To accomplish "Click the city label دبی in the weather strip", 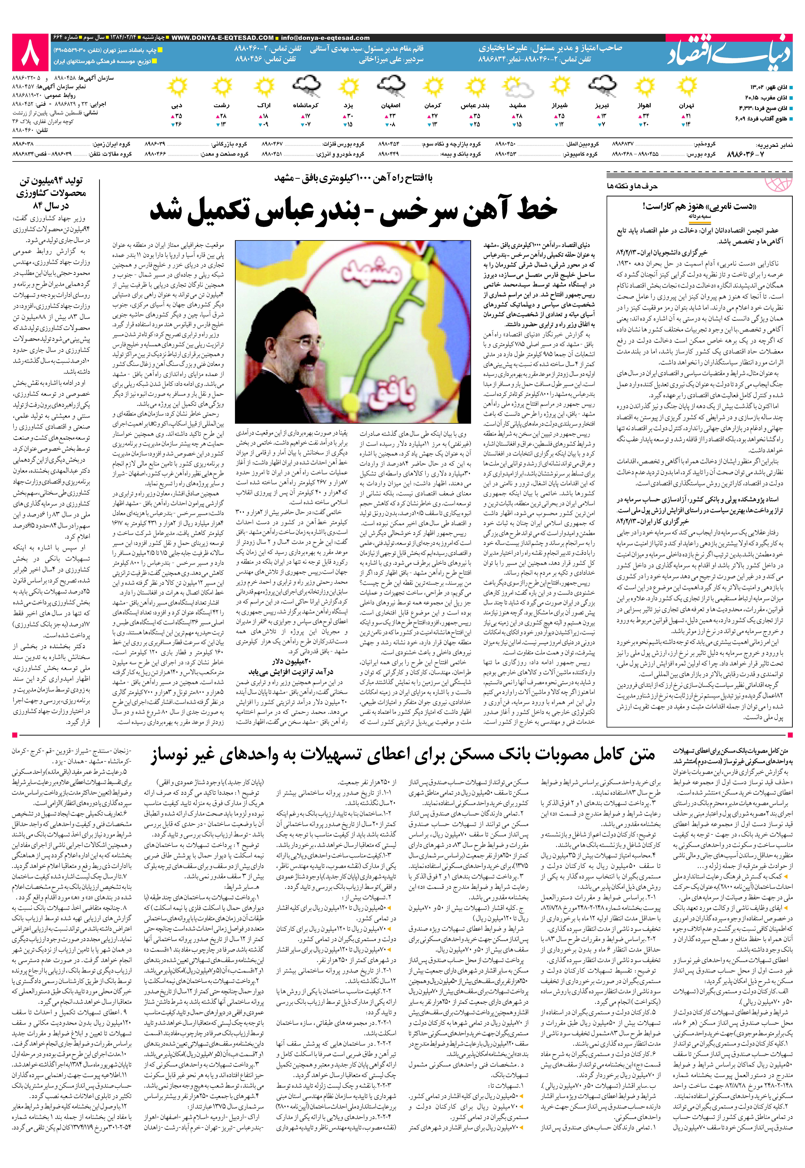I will [x=177, y=106].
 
